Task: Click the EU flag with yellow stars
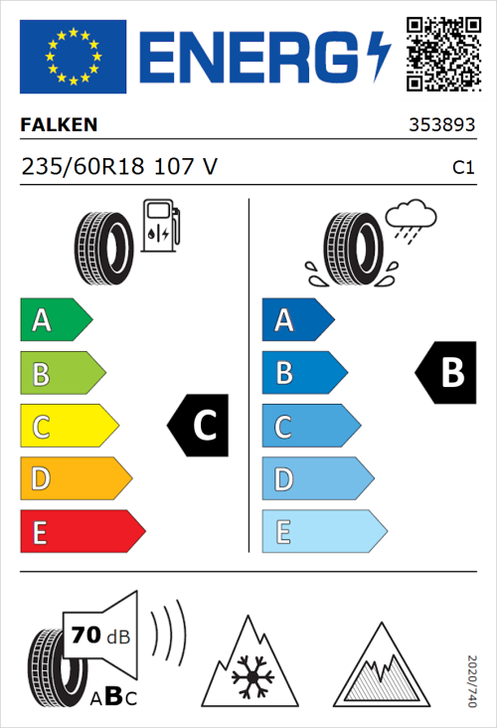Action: [73, 57]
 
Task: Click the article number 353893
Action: [441, 126]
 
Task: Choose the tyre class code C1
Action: [462, 168]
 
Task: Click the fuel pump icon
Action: [159, 226]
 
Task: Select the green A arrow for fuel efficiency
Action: [55, 320]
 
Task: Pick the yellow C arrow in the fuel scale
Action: [68, 427]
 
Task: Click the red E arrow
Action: [82, 532]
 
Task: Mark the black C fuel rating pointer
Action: [199, 426]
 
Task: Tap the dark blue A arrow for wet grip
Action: [296, 320]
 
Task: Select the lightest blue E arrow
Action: [323, 532]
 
